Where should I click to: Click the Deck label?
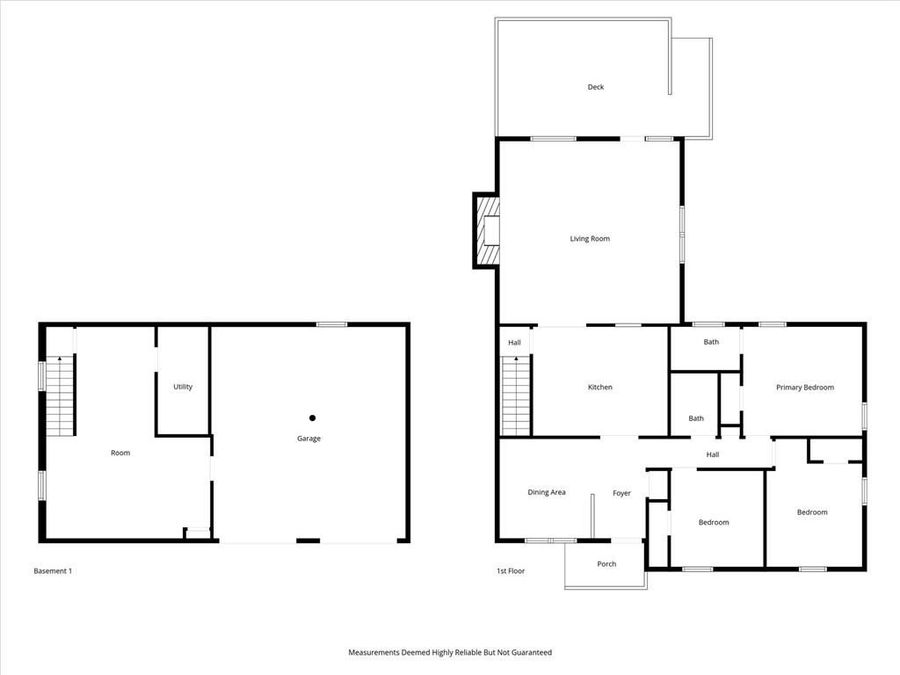pos(595,87)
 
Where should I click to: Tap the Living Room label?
pos(589,239)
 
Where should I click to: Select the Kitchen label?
pos(599,387)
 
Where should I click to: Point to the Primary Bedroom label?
pos(805,387)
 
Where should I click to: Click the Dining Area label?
pos(547,492)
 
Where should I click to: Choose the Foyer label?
pos(622,493)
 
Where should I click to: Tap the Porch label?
pos(607,564)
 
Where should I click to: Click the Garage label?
pos(308,438)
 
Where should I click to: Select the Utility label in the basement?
pos(182,387)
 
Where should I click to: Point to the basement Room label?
pos(120,453)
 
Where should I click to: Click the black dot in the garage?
pos(312,418)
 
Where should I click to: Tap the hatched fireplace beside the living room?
pos(487,230)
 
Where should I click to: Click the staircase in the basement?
pos(62,395)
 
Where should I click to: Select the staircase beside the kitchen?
pos(515,397)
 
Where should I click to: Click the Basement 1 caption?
pos(53,571)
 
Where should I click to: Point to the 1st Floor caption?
pos(510,571)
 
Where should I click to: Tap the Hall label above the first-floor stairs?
pos(514,343)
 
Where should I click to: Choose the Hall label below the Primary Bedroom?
pos(712,455)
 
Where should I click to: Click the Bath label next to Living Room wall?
pos(711,342)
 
